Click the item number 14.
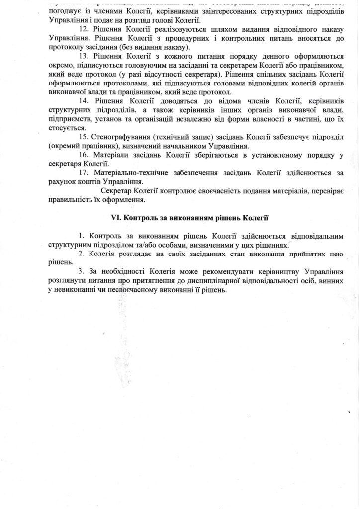84,101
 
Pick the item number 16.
84,155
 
